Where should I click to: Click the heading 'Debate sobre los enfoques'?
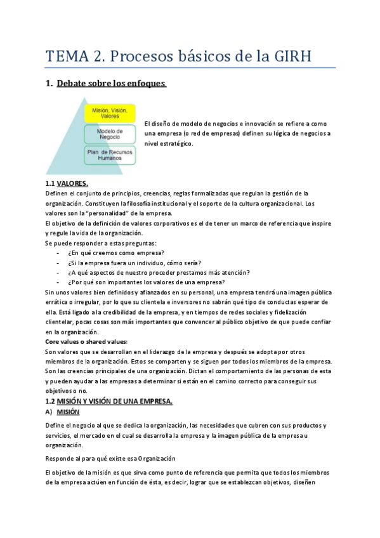pyautogui.click(x=111, y=83)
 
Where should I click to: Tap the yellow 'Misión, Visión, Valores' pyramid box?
pyautogui.click(x=110, y=114)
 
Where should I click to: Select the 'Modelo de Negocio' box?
pyautogui.click(x=110, y=134)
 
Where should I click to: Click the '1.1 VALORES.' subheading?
pyautogui.click(x=67, y=183)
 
